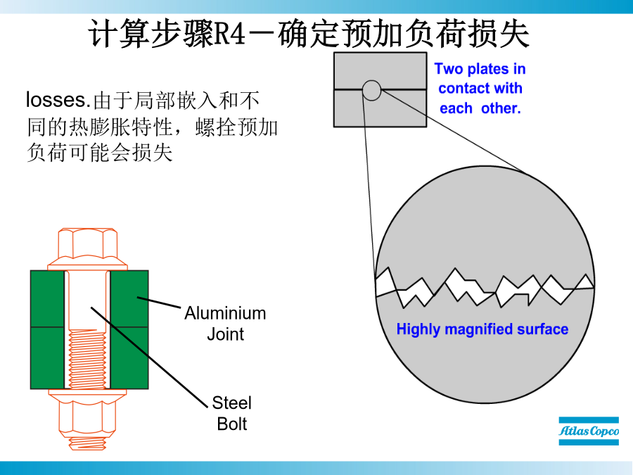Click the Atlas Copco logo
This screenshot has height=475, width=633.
coord(589,431)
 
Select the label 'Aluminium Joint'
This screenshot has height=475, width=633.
coord(225,323)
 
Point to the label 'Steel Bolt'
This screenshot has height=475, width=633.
coord(232,413)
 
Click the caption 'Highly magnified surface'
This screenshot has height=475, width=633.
coord(482,329)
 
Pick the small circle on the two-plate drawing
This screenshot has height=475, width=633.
coord(371,90)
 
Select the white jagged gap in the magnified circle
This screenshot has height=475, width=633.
coord(485,286)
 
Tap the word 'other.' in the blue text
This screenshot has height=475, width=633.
coord(501,108)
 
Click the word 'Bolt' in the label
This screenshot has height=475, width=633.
coord(232,424)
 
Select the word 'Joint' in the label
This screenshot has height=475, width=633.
coord(225,334)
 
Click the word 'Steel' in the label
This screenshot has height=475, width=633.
coord(232,403)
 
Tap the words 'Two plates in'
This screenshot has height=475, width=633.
coord(480,69)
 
